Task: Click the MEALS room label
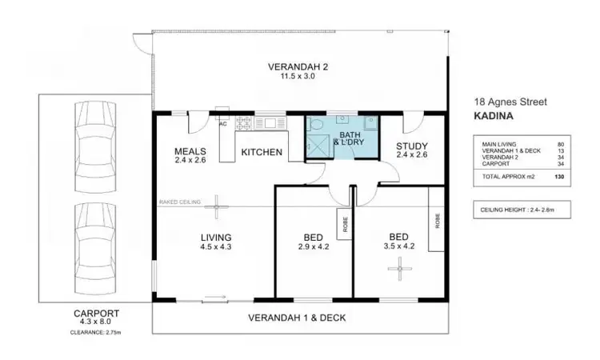pyautogui.click(x=191, y=151)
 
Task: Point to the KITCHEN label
pyautogui.click(x=261, y=151)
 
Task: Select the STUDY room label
pyautogui.click(x=412, y=146)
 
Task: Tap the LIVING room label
pyautogui.click(x=216, y=238)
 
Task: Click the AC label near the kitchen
pyautogui.click(x=222, y=124)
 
